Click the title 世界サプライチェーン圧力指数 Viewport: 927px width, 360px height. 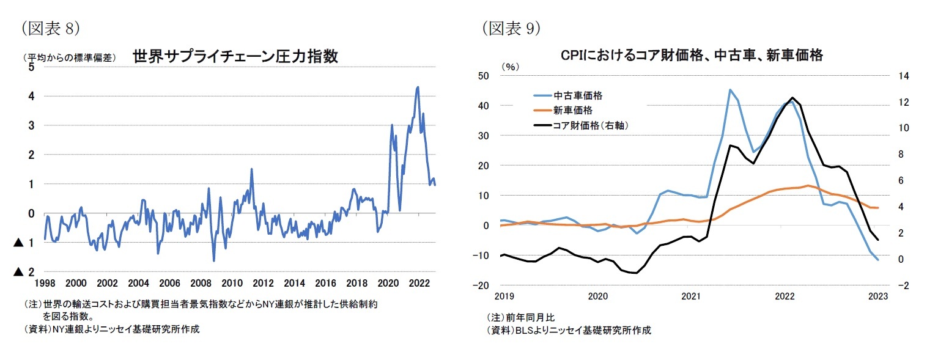click(235, 56)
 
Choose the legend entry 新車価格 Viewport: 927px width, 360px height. click(572, 110)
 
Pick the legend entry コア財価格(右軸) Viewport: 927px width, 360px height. click(591, 125)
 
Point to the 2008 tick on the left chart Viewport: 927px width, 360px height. click(201, 283)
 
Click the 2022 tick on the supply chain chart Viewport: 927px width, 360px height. click(419, 283)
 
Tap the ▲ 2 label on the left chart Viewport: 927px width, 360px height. click(24, 271)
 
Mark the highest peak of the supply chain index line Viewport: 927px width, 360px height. click(418, 87)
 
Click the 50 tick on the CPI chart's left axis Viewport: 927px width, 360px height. click(483, 76)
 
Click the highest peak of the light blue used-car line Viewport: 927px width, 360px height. click(730, 90)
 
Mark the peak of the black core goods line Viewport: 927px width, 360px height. click(792, 98)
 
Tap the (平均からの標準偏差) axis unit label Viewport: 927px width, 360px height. click(68, 58)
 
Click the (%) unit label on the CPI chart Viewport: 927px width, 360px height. click(509, 66)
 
